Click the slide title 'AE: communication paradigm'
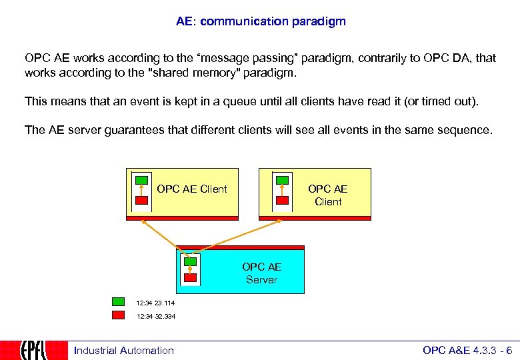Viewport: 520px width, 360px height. click(x=261, y=21)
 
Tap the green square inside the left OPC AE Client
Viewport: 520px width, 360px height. click(x=141, y=180)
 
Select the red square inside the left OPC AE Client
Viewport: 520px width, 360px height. click(x=141, y=200)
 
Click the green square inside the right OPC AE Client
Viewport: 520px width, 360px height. click(x=282, y=180)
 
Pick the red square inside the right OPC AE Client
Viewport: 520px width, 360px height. click(x=282, y=200)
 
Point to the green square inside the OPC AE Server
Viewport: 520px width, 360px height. click(x=191, y=261)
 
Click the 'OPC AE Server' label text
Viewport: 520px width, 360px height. click(x=261, y=273)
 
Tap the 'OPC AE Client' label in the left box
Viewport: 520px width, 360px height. click(x=192, y=189)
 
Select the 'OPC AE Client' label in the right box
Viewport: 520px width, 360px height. click(x=328, y=195)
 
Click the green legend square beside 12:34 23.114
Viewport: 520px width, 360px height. click(x=119, y=302)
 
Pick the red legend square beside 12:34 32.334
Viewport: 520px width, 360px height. click(x=119, y=315)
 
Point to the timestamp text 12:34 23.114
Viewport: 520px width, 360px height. click(x=155, y=303)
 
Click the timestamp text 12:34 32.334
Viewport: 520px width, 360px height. click(x=155, y=316)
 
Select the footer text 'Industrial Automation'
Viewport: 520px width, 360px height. click(x=123, y=351)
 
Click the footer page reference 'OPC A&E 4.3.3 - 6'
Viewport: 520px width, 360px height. click(x=467, y=351)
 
